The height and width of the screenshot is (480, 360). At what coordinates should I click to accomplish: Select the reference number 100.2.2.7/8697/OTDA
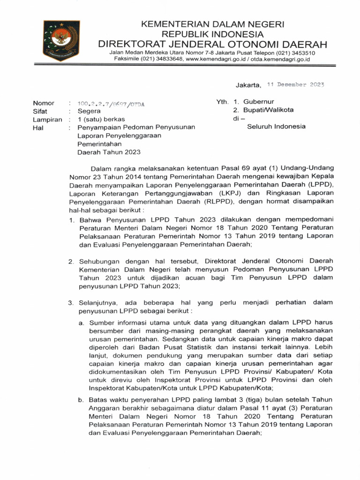pyautogui.click(x=111, y=104)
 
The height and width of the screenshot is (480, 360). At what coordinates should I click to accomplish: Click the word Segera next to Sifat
pyautogui.click(x=89, y=112)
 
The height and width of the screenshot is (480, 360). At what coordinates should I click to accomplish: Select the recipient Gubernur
pyautogui.click(x=258, y=102)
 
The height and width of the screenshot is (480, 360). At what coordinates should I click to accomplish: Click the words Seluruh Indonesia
pyautogui.click(x=276, y=127)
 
